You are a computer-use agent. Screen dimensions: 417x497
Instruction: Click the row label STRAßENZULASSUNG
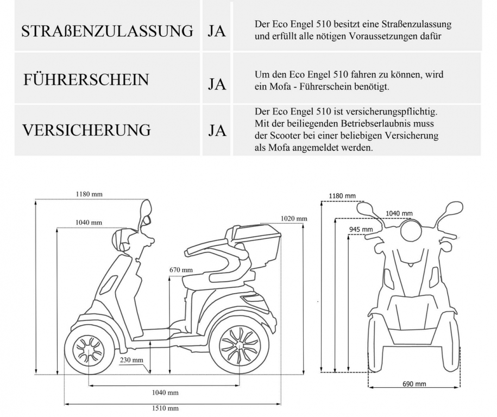(x=107, y=31)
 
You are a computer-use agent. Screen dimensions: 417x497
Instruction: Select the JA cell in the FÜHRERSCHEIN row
(x=217, y=85)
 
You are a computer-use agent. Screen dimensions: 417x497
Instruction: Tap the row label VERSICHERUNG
(x=86, y=130)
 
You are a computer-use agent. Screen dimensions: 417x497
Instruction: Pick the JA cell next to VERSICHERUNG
(x=217, y=131)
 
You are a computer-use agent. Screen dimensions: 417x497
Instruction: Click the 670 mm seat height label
(x=181, y=270)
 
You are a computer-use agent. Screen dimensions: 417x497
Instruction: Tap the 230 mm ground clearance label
(x=132, y=360)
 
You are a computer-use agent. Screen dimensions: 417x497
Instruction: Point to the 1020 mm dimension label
(x=294, y=219)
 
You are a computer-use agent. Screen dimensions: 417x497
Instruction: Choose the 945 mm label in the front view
(x=361, y=230)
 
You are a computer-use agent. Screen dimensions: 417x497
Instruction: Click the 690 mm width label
(x=414, y=384)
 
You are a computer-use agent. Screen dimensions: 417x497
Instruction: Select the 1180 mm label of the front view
(x=342, y=196)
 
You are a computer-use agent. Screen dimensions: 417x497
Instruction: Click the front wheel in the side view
(x=87, y=349)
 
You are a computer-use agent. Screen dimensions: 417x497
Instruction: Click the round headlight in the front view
(x=411, y=232)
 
